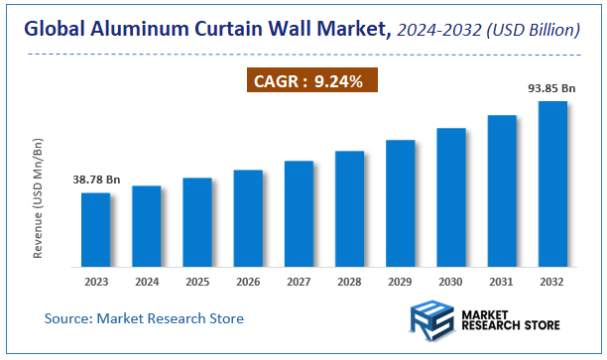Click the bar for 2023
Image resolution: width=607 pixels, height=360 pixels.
(95, 229)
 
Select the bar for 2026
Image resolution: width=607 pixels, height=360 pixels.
(248, 218)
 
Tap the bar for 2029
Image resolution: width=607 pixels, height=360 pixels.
(400, 203)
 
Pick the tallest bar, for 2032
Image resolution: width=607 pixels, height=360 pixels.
(551, 183)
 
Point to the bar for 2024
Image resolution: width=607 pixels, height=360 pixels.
(146, 226)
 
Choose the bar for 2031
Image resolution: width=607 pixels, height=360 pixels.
(501, 190)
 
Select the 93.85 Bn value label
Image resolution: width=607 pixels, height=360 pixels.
(551, 88)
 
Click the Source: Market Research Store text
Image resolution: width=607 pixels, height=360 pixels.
(144, 318)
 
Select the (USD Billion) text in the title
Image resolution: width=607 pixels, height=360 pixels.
(534, 31)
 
